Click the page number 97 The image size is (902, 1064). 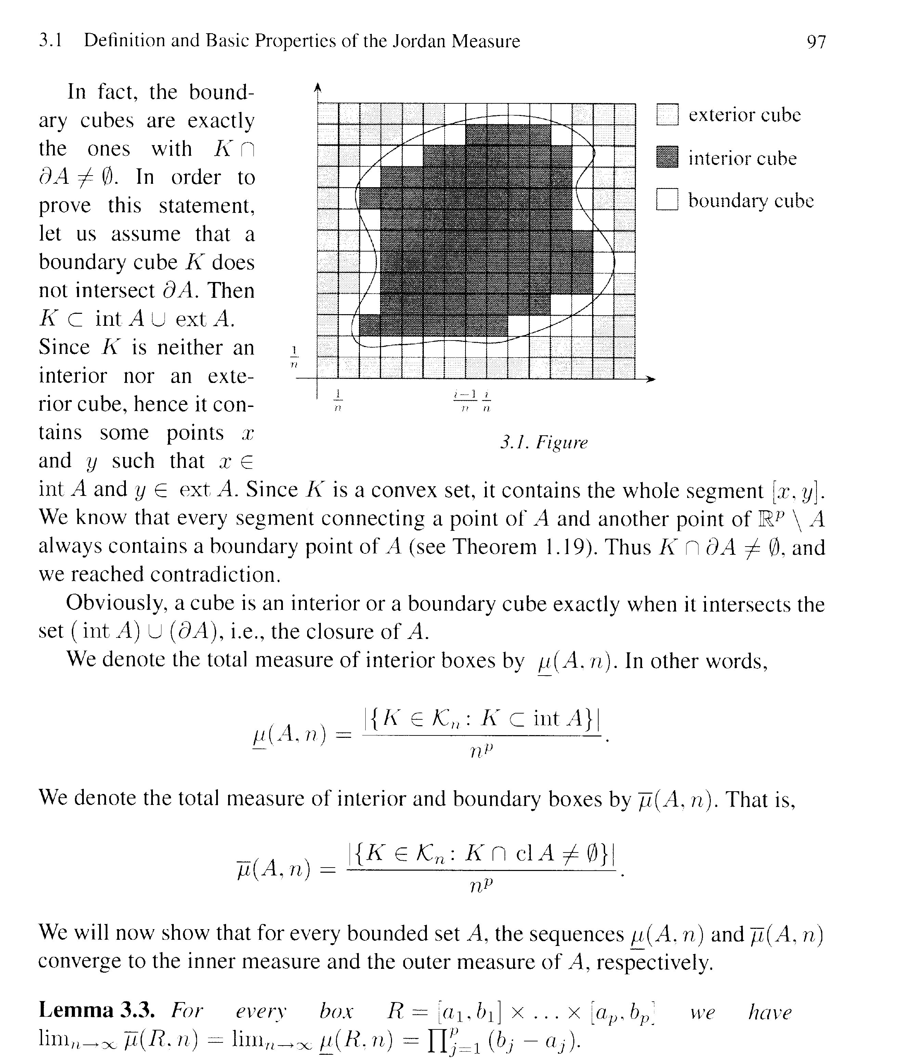[x=816, y=41]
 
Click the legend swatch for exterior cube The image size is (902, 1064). [x=667, y=115]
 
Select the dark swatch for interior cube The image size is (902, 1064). [x=667, y=157]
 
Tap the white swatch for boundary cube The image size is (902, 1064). [x=667, y=200]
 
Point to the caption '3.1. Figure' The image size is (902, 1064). [x=544, y=443]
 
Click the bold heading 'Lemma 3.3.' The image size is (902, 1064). [x=97, y=1010]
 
